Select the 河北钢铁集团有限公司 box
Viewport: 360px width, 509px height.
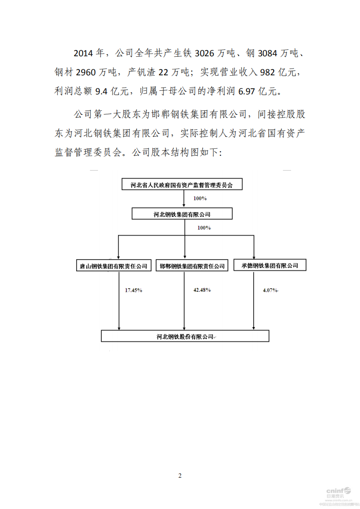coord(182,214)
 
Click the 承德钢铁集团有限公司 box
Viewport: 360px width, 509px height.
coord(270,265)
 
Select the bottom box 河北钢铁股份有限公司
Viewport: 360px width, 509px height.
coord(185,336)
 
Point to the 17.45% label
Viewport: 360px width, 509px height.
coord(133,290)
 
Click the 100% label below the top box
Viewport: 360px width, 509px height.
coord(200,199)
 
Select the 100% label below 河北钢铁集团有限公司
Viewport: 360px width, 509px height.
coord(204,228)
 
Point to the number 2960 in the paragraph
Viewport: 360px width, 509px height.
coord(87,73)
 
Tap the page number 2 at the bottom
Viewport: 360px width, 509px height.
coord(180,475)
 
